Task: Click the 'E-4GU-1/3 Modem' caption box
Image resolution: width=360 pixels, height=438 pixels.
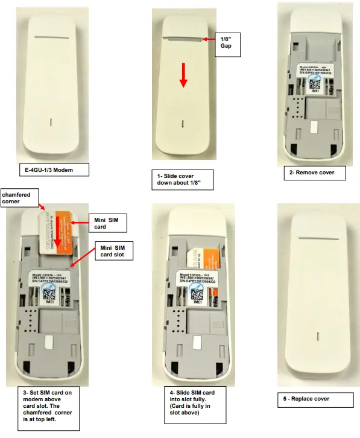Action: pyautogui.click(x=54, y=170)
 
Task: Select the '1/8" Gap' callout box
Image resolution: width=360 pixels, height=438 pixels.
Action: pyautogui.click(x=227, y=45)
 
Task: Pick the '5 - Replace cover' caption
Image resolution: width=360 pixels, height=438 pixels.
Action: pyautogui.click(x=308, y=399)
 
